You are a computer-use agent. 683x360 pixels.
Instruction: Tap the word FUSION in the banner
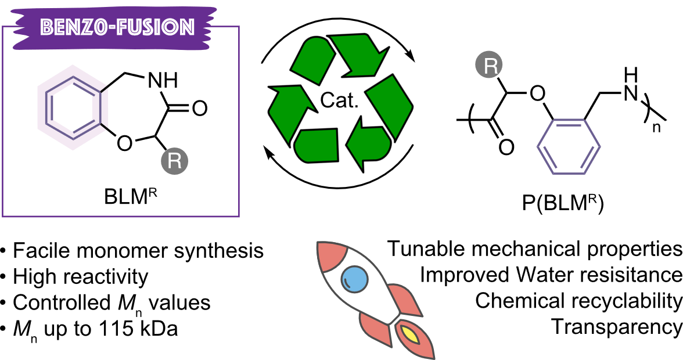tap(155, 28)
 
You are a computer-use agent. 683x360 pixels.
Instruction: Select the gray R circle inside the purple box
tap(174, 161)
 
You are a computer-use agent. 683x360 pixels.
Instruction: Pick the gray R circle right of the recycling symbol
tap(489, 65)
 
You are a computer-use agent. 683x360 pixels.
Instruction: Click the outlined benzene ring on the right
tap(569, 146)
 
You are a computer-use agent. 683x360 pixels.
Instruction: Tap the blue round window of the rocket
tap(354, 279)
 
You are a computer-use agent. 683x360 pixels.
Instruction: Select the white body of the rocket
tap(366, 290)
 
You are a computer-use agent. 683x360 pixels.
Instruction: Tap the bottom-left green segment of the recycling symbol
tap(317, 145)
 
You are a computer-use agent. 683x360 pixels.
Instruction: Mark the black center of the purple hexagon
tap(73, 107)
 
